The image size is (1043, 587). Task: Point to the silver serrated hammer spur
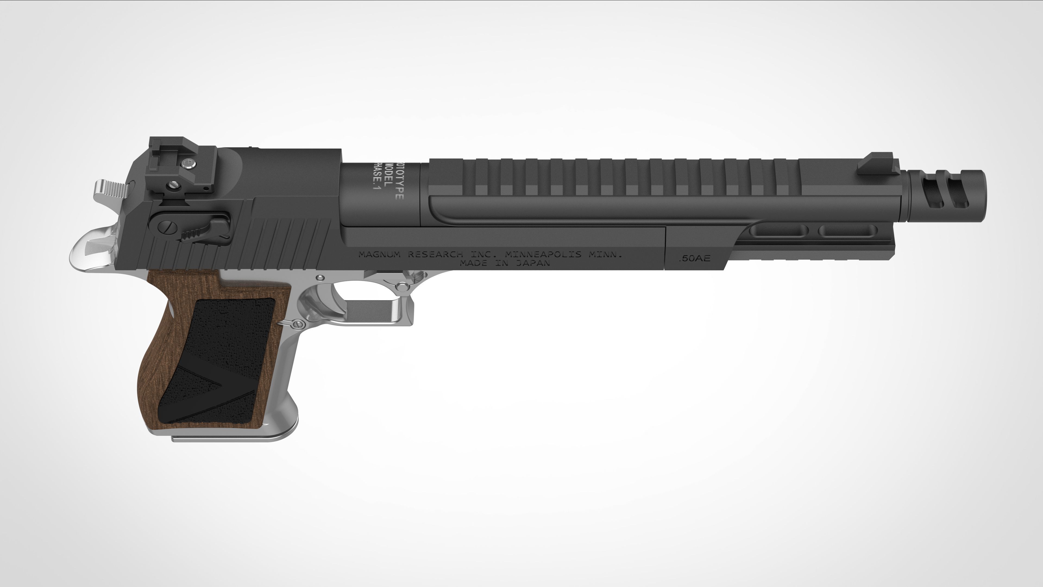pyautogui.click(x=109, y=189)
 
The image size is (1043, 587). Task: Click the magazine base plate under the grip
pyautogui.click(x=231, y=437)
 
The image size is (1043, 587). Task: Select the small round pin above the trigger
pyautogui.click(x=320, y=277)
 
